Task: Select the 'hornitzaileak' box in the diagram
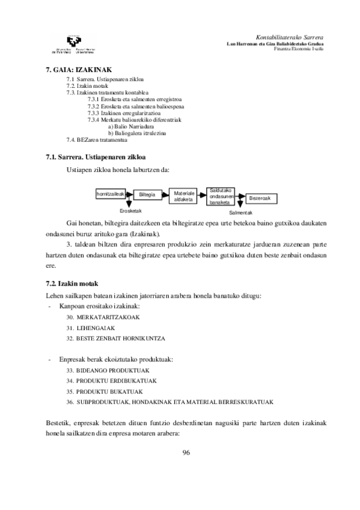click(x=110, y=194)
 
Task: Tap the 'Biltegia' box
click(x=147, y=195)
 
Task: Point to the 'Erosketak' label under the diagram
click(x=130, y=210)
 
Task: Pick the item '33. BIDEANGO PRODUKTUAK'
click(x=108, y=370)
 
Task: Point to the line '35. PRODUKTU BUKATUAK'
click(x=105, y=392)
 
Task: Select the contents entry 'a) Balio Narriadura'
click(x=132, y=127)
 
